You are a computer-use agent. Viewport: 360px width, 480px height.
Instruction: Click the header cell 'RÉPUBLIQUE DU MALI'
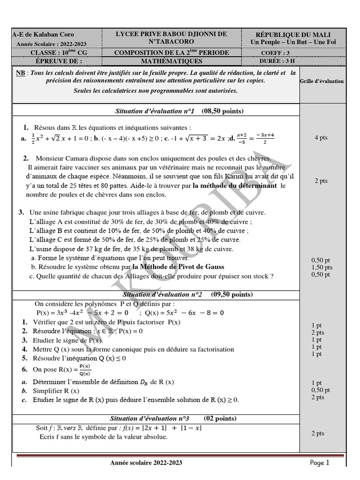(293, 35)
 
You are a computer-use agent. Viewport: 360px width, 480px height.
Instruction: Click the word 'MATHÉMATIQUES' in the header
(172, 61)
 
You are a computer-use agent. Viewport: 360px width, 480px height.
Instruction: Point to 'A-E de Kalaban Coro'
(43, 35)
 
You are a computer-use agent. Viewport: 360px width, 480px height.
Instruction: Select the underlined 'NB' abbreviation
(20, 73)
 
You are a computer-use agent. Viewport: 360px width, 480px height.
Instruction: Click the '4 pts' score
(321, 138)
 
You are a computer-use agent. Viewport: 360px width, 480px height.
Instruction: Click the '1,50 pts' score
(322, 267)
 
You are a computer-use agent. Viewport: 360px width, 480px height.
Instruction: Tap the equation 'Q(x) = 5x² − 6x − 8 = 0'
(185, 313)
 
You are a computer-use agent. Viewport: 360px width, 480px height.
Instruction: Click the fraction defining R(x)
(84, 370)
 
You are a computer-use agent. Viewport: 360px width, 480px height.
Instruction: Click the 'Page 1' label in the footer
(320, 463)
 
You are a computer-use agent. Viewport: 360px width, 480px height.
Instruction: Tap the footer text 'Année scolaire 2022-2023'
(146, 463)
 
